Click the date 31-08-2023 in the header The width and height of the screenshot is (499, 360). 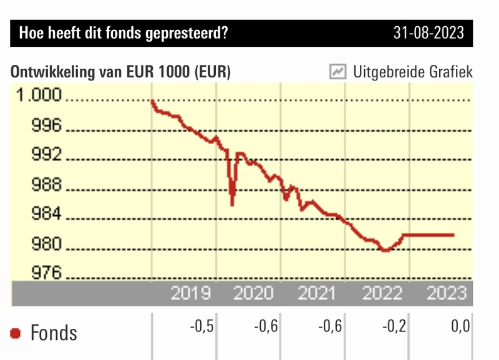click(429, 33)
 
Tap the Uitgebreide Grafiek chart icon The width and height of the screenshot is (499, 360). click(337, 72)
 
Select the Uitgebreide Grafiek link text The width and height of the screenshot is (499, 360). click(412, 72)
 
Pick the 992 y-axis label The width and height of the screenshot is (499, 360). click(47, 155)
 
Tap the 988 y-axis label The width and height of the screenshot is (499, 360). click(47, 185)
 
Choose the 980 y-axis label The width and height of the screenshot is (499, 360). click(47, 245)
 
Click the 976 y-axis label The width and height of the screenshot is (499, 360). click(47, 273)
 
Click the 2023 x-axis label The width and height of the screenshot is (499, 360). click(445, 293)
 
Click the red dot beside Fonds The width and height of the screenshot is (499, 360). click(16, 334)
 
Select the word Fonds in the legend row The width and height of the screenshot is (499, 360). click(54, 333)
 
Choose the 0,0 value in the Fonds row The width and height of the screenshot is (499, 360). click(460, 326)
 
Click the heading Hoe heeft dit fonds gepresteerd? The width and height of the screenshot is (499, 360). click(124, 33)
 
